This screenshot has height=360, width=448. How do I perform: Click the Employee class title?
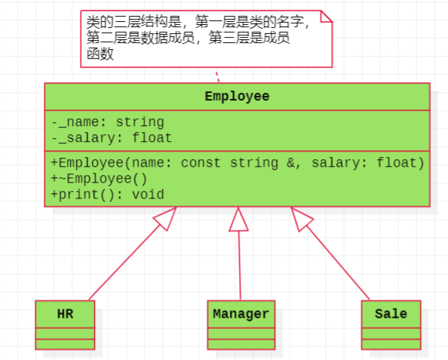coord(237,97)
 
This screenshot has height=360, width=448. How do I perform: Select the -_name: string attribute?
coord(108,122)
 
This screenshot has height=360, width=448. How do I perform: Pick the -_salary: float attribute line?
coord(112,138)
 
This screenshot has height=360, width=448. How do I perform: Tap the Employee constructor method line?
coord(238,163)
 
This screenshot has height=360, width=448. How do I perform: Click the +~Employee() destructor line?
coord(99,179)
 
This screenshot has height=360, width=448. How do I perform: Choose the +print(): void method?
coord(107,195)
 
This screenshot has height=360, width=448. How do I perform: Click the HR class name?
coord(65,314)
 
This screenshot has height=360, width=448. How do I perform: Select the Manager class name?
coord(241,314)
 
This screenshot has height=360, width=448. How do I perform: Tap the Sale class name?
coord(391,314)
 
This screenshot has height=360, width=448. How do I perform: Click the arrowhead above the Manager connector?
coord(238,220)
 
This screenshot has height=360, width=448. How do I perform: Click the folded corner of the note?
coord(327,17)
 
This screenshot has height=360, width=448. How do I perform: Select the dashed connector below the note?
coord(218,77)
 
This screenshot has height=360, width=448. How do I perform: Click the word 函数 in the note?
coord(100,54)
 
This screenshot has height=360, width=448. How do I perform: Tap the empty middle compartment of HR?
coord(65,334)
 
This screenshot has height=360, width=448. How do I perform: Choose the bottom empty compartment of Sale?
coord(391,344)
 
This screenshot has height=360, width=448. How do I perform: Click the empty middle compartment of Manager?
coord(241,334)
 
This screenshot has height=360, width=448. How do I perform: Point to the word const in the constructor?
coord(201,163)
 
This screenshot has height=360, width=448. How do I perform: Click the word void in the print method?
coord(148,195)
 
